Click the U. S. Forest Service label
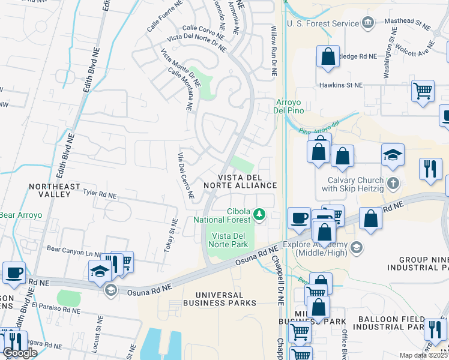point(322,23)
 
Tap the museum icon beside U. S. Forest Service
point(368,23)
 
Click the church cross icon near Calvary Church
point(393,183)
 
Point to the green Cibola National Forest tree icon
point(259,214)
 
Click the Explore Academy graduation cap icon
point(356,248)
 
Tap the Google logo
point(20,353)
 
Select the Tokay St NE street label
point(169,236)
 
